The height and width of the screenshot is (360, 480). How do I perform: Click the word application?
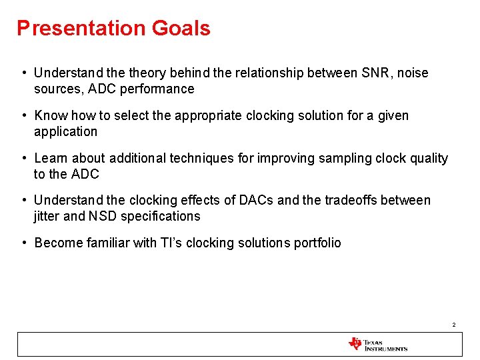(65, 132)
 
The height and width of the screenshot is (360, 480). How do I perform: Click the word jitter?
(46, 216)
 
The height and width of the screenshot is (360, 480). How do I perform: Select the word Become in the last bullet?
(58, 243)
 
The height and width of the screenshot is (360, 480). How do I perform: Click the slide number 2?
(453, 325)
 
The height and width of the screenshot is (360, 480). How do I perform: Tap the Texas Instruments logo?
(377, 344)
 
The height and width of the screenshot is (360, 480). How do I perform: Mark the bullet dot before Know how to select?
(23, 115)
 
